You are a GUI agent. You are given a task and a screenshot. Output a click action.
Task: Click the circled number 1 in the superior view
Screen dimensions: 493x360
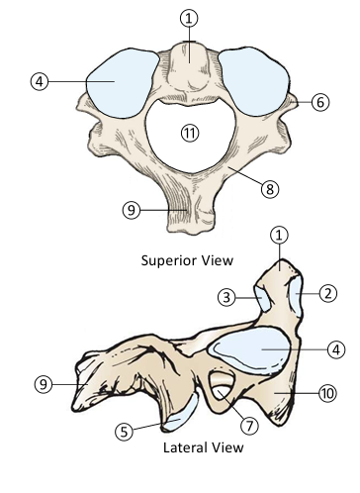[x=189, y=18]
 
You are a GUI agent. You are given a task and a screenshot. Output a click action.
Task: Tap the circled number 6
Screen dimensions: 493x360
[x=320, y=101]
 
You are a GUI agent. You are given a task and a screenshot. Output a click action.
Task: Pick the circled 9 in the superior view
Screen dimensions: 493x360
[x=129, y=209]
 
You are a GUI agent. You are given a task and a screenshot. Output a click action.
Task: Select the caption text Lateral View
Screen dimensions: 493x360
[x=202, y=446]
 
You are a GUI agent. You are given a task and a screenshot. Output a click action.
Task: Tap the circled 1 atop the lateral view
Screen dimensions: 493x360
[x=280, y=236]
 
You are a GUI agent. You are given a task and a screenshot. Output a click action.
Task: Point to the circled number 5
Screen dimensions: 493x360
[x=123, y=431]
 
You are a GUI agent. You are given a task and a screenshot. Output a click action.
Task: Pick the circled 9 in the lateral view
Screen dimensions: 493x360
[x=42, y=382]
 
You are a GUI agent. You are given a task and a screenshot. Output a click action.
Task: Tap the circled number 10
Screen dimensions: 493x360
[x=328, y=393]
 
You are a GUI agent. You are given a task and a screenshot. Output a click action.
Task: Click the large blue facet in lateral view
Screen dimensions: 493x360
[x=252, y=351]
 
